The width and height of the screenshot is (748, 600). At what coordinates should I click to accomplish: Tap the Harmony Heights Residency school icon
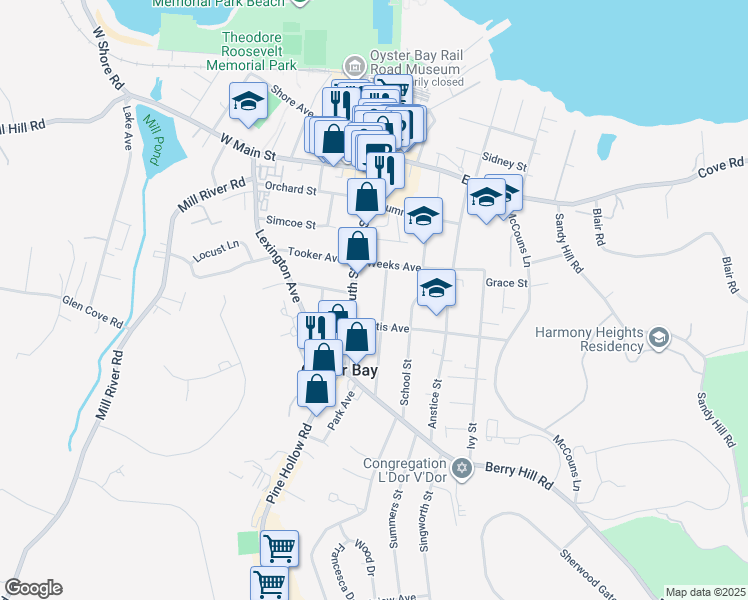click(659, 339)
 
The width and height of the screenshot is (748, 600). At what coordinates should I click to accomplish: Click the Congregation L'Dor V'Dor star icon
click(460, 467)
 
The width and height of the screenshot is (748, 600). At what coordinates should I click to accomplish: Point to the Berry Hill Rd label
click(518, 473)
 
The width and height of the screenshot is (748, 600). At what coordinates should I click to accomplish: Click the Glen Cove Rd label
click(92, 311)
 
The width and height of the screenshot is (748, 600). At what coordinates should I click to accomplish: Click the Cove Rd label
click(720, 165)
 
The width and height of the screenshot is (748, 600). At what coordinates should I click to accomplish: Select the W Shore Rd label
click(108, 60)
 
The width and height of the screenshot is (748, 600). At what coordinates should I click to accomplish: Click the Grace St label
click(506, 283)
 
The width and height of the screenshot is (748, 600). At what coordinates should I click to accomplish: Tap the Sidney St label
click(503, 159)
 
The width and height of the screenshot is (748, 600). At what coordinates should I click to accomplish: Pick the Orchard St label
click(290, 189)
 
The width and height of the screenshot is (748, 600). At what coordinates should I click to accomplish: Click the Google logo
click(33, 588)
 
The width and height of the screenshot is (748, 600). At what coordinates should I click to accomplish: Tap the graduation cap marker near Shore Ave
click(247, 101)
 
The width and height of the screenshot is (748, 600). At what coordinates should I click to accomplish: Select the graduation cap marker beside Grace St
click(436, 288)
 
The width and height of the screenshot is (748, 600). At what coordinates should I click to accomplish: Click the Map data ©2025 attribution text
click(705, 592)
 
